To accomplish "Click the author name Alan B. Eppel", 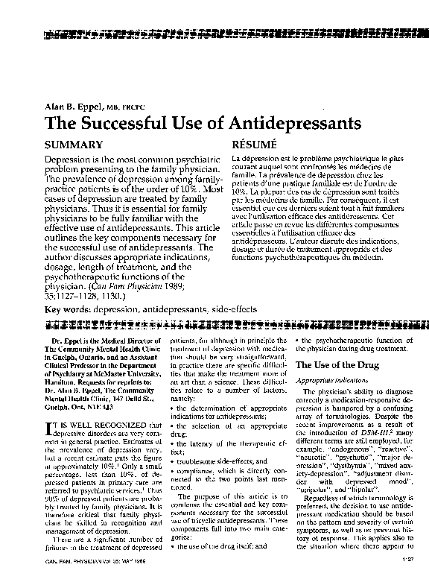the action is click(71, 106).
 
